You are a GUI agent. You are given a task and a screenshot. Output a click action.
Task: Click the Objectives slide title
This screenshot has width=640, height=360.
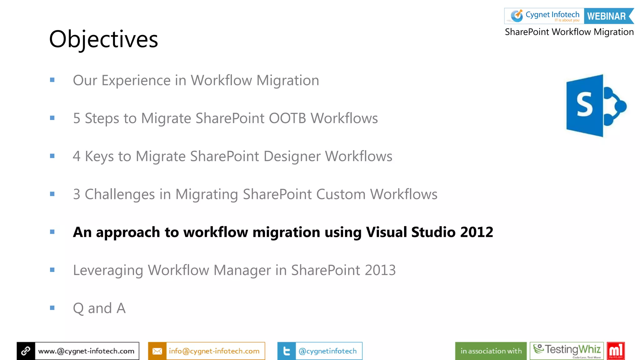[x=103, y=39]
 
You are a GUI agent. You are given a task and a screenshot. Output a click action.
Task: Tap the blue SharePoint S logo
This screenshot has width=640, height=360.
[x=595, y=106]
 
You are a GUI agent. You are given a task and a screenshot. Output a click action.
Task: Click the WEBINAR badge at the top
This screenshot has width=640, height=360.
[x=607, y=16]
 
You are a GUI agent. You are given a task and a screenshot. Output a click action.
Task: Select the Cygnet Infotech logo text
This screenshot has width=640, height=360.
[x=552, y=15]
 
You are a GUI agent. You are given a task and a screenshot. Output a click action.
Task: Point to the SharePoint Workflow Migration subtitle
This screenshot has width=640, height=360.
[x=569, y=32]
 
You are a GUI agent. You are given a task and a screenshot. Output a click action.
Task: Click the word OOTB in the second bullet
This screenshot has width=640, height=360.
[x=287, y=118]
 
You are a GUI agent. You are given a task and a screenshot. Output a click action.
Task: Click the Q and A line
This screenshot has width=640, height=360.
[x=99, y=308]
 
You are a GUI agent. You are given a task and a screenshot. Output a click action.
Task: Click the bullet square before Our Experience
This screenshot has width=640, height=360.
[x=52, y=80]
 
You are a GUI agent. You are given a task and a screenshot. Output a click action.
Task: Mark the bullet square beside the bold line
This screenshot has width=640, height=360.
[x=52, y=232]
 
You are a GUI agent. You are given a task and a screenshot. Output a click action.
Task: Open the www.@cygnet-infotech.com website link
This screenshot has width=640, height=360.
[x=86, y=351]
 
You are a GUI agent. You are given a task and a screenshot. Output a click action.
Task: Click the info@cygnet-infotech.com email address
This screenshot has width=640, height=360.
[x=214, y=351]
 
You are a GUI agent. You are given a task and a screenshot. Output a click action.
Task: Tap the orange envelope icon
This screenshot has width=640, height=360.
[x=157, y=351]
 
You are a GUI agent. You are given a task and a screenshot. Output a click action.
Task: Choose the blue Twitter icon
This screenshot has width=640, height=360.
[x=286, y=351]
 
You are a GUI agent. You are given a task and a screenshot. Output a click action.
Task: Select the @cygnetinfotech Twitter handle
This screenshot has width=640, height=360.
[x=327, y=351]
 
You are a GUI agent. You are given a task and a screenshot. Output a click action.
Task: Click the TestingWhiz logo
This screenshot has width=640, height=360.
[x=567, y=351]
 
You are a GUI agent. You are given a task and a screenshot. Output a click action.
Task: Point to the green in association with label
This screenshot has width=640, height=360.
[x=491, y=351]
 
